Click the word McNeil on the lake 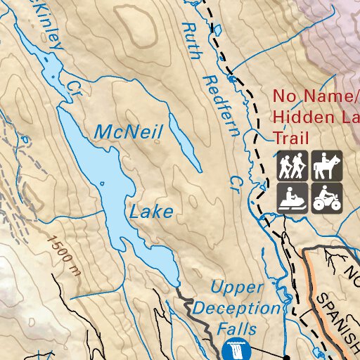tap(128, 131)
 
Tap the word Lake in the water tap(150, 211)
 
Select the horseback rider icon tap(327, 166)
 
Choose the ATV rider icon tap(327, 198)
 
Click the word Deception tap(236, 308)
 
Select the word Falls tap(236, 328)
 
